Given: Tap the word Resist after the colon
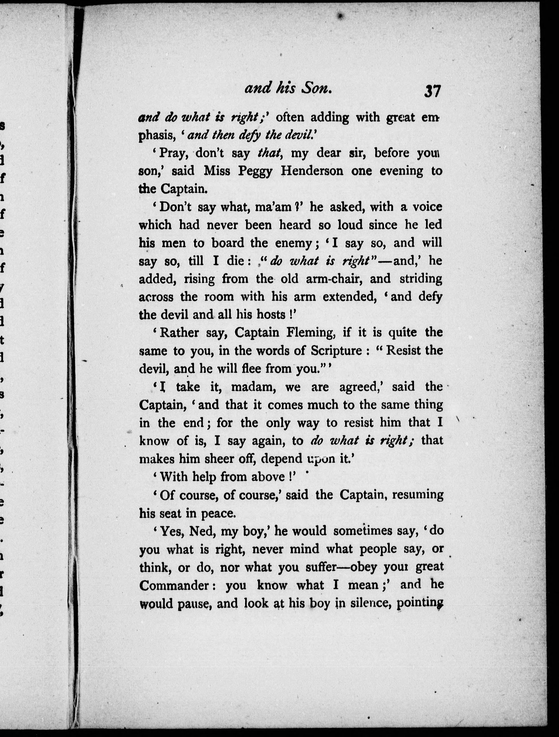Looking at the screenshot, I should (404, 350).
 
